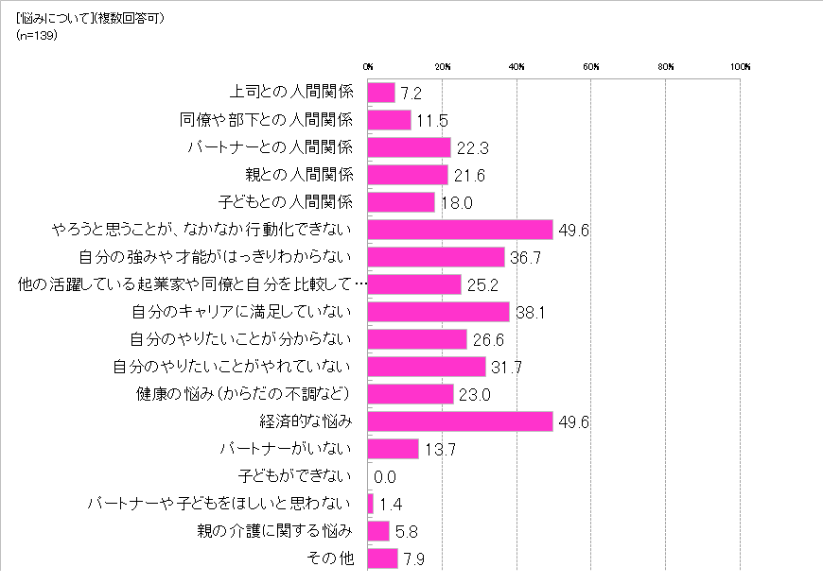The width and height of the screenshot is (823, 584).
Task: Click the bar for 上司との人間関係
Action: [381, 93]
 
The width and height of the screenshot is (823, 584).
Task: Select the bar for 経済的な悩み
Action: [460, 421]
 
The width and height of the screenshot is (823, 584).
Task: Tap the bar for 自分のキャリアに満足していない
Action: [438, 312]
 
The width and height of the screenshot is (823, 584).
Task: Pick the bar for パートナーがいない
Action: [393, 449]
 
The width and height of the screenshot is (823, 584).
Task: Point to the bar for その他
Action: [382, 558]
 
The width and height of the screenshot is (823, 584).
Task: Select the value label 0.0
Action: [385, 477]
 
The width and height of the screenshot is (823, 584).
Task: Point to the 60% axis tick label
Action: [591, 67]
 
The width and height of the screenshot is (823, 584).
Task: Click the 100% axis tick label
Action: [740, 67]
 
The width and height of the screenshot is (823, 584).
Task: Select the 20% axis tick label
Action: [443, 67]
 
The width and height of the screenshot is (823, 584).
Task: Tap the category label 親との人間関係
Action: [299, 175]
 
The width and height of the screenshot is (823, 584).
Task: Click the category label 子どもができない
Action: [298, 475]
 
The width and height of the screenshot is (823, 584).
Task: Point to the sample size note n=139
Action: [39, 35]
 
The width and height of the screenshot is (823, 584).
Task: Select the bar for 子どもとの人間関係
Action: [401, 202]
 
